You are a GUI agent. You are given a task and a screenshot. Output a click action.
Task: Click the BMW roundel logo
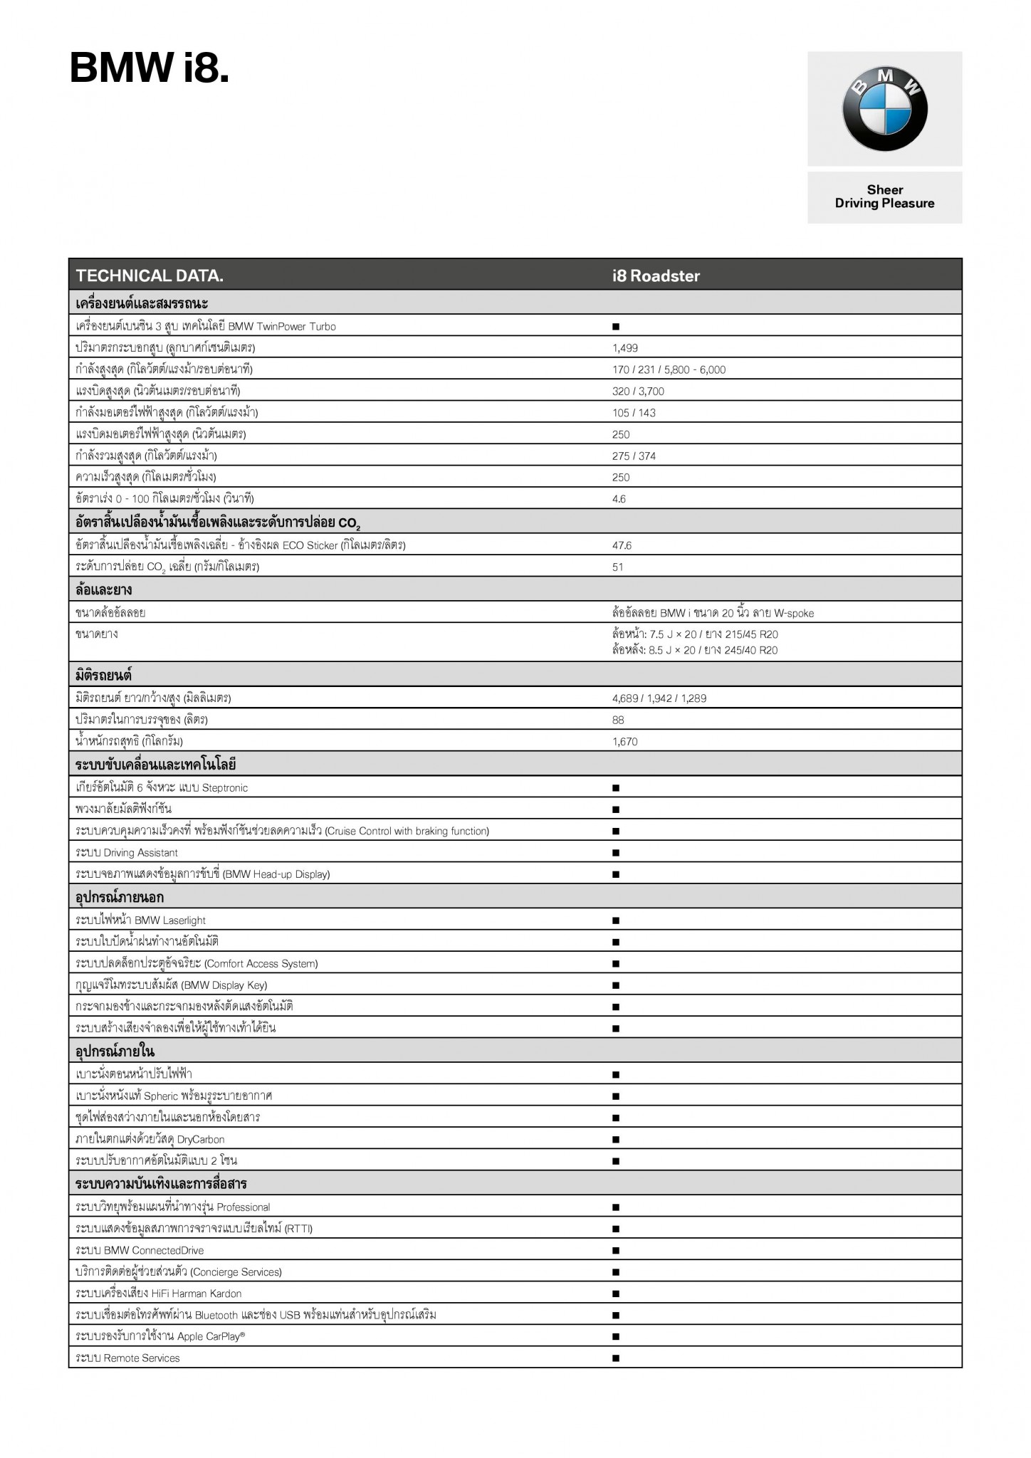[884, 109]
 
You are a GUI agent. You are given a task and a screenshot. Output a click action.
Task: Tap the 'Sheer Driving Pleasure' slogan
[884, 197]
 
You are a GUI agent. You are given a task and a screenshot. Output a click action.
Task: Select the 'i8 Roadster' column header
[656, 276]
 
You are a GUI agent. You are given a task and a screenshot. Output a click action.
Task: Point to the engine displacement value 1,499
[625, 348]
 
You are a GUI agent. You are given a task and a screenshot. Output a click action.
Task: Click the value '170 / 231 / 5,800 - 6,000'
[669, 369]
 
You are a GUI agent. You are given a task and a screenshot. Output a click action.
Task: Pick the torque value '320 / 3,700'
[638, 391]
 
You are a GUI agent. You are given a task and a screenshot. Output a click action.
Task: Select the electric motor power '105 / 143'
[634, 413]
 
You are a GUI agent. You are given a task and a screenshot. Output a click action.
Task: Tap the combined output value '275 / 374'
[634, 456]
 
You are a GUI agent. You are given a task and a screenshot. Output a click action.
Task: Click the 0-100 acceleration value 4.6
[619, 499]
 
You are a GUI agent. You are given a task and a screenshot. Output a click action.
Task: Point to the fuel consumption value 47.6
[622, 545]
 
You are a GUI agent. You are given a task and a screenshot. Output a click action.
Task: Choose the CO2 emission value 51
[617, 567]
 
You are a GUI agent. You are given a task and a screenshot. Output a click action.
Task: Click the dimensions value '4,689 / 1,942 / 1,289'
[659, 698]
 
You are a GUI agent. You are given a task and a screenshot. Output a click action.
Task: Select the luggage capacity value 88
[618, 720]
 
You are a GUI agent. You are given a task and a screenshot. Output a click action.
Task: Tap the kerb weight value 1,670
[625, 742]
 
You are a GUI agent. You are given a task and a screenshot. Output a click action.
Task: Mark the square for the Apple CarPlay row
[616, 1337]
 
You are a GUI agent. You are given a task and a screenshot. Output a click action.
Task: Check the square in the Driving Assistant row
[616, 853]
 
